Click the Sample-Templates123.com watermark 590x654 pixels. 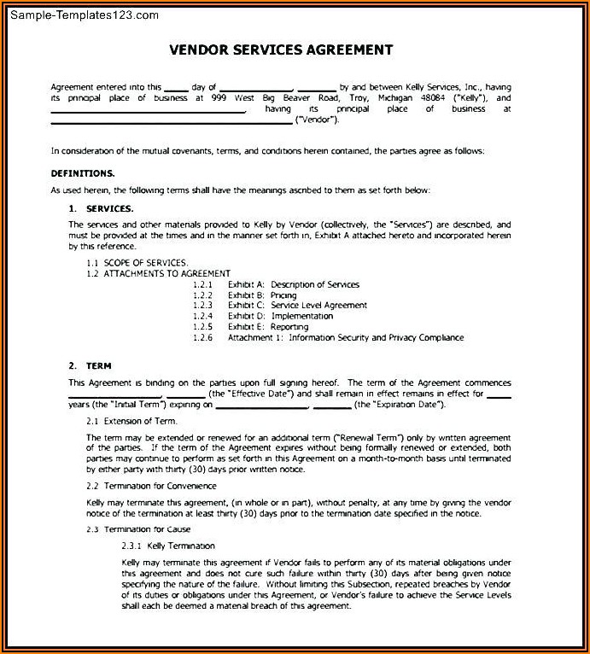pyautogui.click(x=81, y=15)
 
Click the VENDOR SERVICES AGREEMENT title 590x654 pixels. pyautogui.click(x=281, y=50)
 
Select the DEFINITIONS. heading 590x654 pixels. pyautogui.click(x=83, y=173)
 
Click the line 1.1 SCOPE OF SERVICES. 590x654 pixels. pyautogui.click(x=137, y=261)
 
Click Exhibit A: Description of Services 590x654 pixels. pyautogui.click(x=293, y=284)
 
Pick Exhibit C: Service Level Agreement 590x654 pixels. pyautogui.click(x=297, y=305)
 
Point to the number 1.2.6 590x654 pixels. pyautogui.click(x=202, y=337)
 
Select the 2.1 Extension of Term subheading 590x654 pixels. pyautogui.click(x=131, y=422)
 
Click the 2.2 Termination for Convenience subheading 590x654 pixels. pyautogui.click(x=151, y=485)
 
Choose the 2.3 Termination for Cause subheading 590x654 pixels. pyautogui.click(x=138, y=529)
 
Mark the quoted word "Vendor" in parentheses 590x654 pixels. pyautogui.click(x=318, y=120)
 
